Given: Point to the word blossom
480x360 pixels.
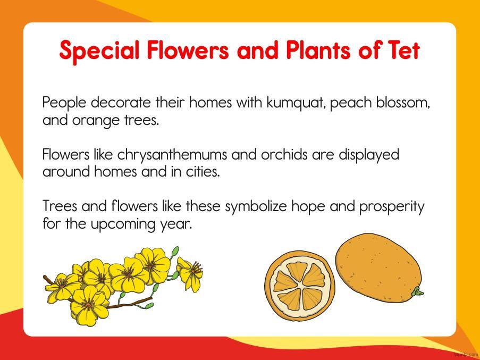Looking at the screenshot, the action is (x=403, y=103).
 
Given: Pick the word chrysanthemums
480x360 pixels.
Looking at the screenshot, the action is (x=172, y=155).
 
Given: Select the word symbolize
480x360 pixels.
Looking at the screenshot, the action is (x=256, y=207).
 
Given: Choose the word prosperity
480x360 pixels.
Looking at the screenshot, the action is (x=392, y=207).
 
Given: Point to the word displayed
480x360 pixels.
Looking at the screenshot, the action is (x=369, y=155).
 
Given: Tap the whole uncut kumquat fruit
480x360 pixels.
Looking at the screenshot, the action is (x=378, y=268).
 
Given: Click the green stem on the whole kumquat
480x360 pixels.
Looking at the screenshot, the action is (x=417, y=292).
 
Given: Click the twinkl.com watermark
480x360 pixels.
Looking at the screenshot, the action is (x=466, y=355).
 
